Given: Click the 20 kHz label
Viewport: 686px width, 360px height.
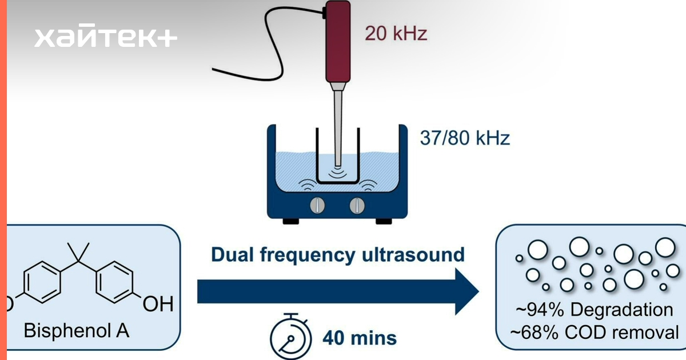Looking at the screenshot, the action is tap(396, 33).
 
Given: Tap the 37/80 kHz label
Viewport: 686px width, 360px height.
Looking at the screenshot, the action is tap(465, 138).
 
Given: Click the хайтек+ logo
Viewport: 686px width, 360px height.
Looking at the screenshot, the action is tap(106, 35).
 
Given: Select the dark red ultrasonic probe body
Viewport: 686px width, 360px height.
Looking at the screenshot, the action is tap(338, 42).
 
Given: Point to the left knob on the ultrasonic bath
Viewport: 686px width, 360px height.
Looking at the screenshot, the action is tap(317, 205).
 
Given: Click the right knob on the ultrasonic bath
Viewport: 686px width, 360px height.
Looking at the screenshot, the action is tap(357, 205).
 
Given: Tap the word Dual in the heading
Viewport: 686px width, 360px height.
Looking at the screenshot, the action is tap(233, 255).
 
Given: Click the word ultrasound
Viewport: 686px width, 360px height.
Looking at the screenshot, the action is tap(413, 255).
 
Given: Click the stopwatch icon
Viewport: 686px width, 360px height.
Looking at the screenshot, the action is tap(290, 337).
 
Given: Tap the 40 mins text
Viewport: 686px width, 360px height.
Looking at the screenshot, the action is tap(360, 338).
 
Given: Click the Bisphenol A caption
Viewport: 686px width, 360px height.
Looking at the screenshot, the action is tap(77, 331).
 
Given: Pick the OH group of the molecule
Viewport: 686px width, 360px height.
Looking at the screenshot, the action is tap(158, 303).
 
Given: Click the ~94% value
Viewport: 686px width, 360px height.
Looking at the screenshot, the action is tap(540, 310).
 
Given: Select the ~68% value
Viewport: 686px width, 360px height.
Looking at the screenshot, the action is tap(535, 333).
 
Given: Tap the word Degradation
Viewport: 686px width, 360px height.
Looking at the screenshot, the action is tap(622, 310).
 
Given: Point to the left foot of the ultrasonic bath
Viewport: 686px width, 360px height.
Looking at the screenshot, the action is tap(290, 221).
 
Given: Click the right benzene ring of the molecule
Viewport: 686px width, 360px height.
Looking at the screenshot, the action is tap(115, 282).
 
